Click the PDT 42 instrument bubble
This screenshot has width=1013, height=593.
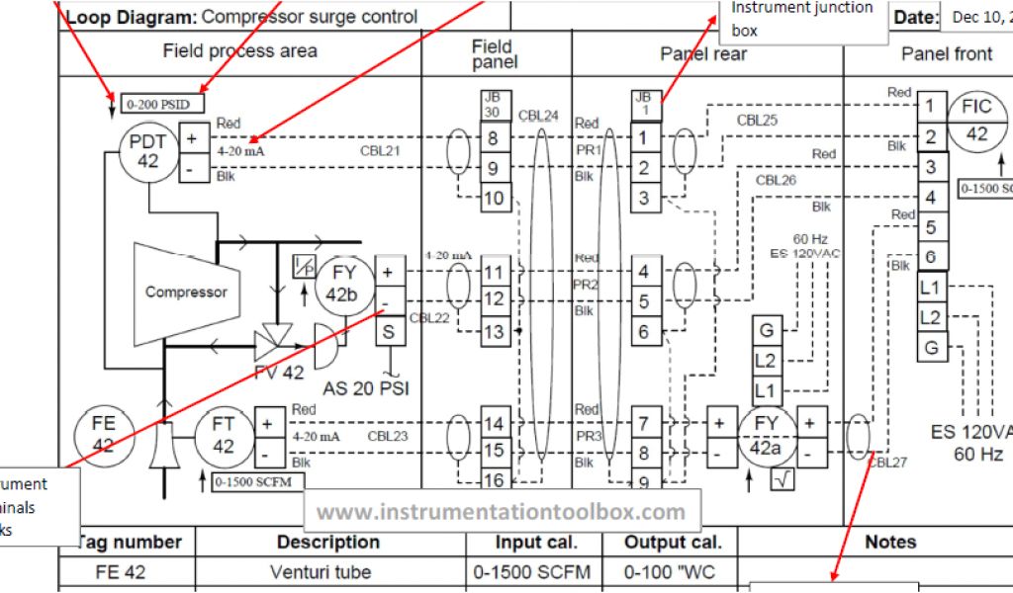tap(147, 151)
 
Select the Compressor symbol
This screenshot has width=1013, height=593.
tap(186, 292)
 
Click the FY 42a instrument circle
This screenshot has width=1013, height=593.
tap(765, 436)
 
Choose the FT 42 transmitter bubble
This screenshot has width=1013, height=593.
tap(224, 435)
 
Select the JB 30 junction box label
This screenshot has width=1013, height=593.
tap(492, 105)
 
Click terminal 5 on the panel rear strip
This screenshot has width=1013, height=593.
tap(644, 301)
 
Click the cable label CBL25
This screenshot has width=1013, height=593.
tap(757, 121)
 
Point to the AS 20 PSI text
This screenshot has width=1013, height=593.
tap(366, 388)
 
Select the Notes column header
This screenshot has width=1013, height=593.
tap(889, 542)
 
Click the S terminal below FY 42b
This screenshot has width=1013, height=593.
tap(388, 332)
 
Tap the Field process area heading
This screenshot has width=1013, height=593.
tap(240, 51)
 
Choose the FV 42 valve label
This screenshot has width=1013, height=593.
tap(279, 373)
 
